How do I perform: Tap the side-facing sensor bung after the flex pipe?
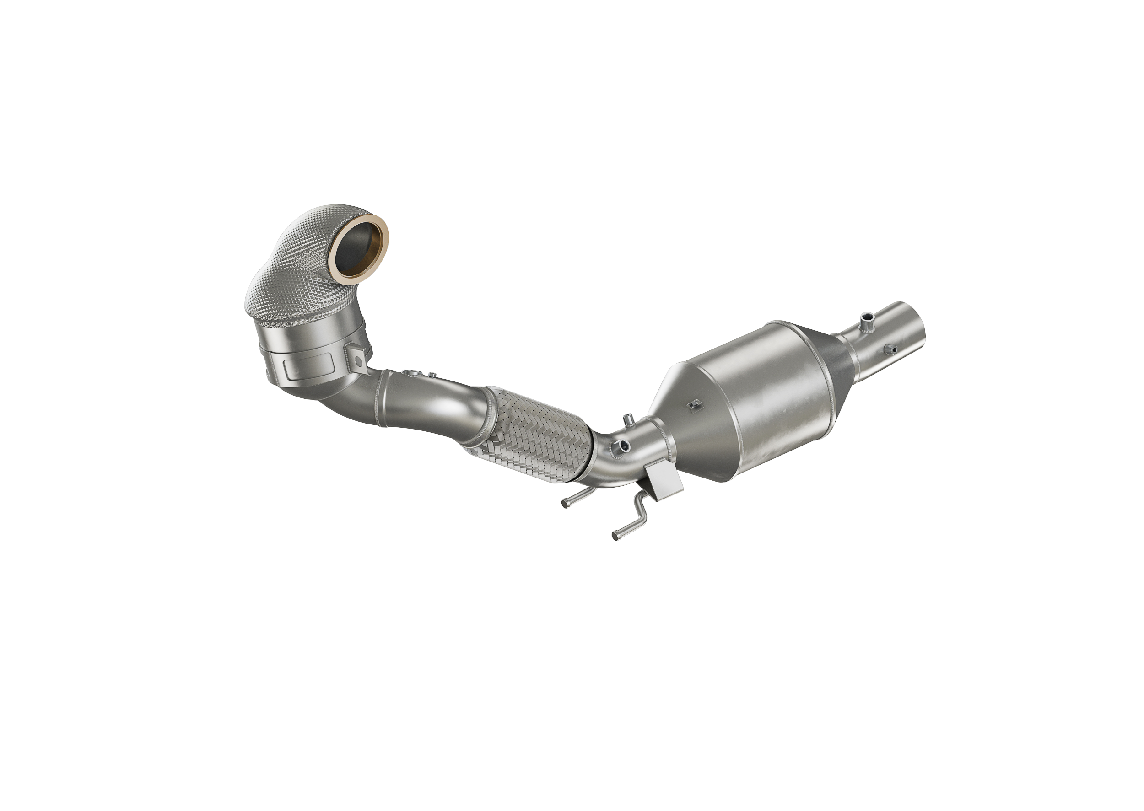pos(622,445)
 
